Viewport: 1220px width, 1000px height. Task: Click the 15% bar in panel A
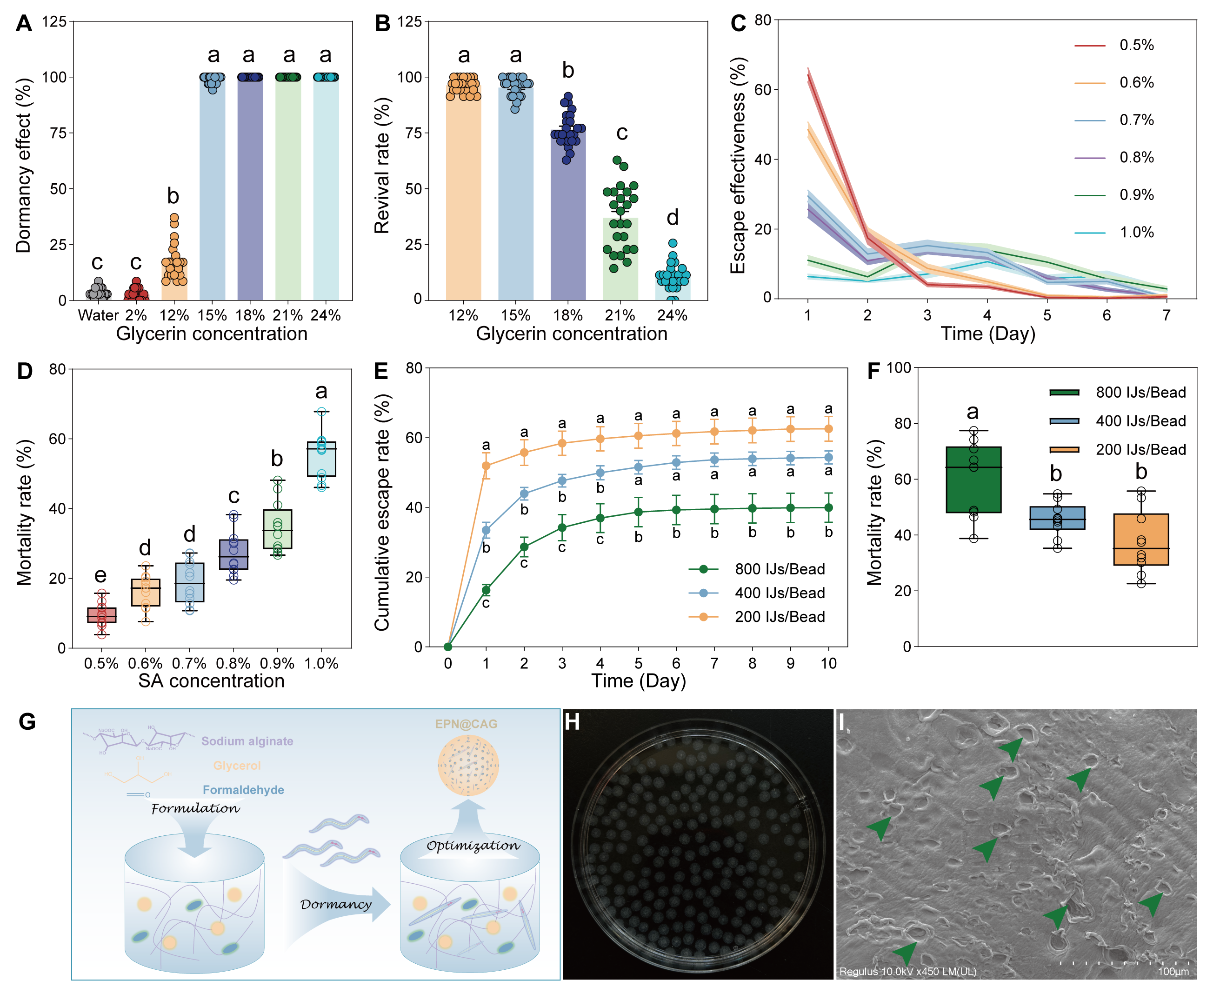[x=212, y=190]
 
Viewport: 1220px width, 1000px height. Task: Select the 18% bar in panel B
[x=568, y=219]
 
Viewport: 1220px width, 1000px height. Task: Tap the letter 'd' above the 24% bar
[x=672, y=218]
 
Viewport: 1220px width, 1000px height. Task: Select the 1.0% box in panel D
[x=321, y=459]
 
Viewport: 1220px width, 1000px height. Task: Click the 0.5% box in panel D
[x=101, y=615]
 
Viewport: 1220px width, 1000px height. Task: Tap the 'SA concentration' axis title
[x=212, y=681]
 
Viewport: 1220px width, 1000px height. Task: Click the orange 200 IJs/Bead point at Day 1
[x=486, y=466]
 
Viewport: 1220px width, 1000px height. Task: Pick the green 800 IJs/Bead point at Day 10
[x=828, y=507]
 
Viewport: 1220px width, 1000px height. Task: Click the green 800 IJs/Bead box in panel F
[x=973, y=480]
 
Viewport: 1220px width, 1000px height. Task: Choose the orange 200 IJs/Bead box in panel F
[x=1141, y=539]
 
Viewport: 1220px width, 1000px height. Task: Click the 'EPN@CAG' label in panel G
[x=466, y=724]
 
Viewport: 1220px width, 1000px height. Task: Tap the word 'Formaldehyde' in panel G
[x=243, y=790]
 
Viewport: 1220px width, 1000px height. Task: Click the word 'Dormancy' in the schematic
[x=336, y=904]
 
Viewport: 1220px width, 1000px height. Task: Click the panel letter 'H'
[x=572, y=722]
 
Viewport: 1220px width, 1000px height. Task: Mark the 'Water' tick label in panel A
[x=98, y=316]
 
